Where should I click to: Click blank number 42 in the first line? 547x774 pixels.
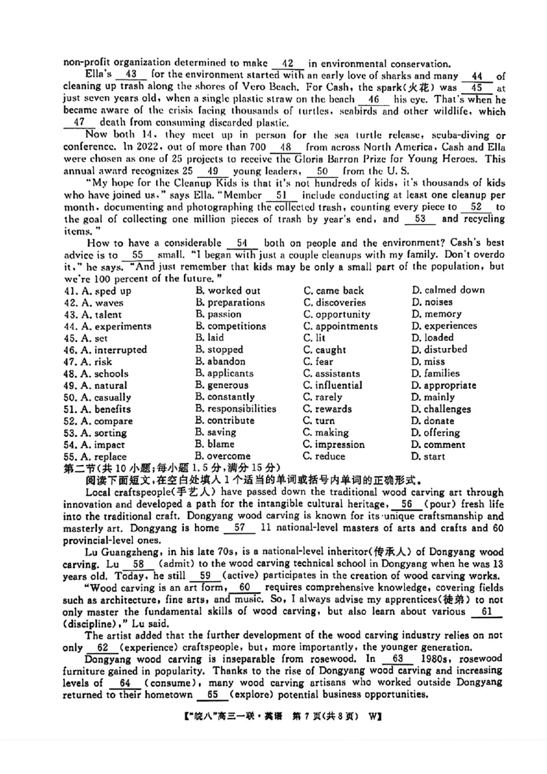287,62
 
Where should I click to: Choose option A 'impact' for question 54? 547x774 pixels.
95,444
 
